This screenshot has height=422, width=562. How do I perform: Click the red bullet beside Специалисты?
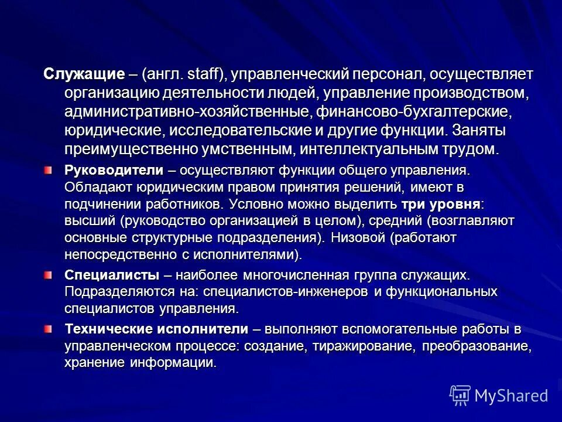click(48, 274)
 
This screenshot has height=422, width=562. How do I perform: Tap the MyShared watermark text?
click(511, 395)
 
